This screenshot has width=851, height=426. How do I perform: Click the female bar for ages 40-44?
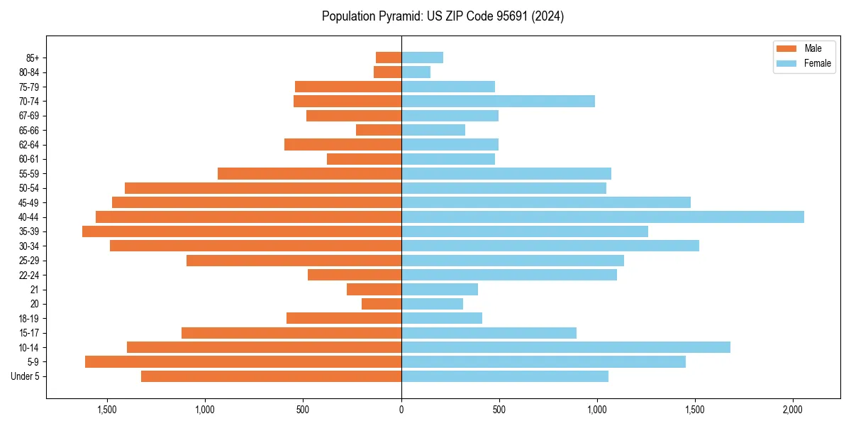pos(603,217)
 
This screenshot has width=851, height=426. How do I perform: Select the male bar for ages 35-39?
pos(242,231)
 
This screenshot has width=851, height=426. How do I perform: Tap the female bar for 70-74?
pos(498,101)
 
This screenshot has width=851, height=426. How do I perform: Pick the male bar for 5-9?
pos(243,361)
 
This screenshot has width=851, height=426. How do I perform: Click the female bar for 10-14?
pos(566,347)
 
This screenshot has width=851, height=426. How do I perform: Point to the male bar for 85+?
pos(389,58)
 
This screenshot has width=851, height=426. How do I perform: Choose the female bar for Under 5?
pos(505,376)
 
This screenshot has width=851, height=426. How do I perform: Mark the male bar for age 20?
pos(382,304)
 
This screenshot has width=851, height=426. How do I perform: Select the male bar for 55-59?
pos(309,173)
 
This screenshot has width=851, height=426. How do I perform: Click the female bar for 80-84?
pos(416,72)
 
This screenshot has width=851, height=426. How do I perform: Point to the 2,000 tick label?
pos(793,410)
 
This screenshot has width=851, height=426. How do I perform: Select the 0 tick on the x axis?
pos(401,410)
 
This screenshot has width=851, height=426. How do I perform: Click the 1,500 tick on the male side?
pos(107,410)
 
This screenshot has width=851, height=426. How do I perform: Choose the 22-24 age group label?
pos(29,275)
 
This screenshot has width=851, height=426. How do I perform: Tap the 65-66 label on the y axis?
pos(29,130)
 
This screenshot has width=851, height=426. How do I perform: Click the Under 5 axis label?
pos(26,376)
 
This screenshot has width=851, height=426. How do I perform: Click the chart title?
pos(443,16)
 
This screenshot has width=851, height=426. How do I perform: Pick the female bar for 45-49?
pos(546,202)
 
